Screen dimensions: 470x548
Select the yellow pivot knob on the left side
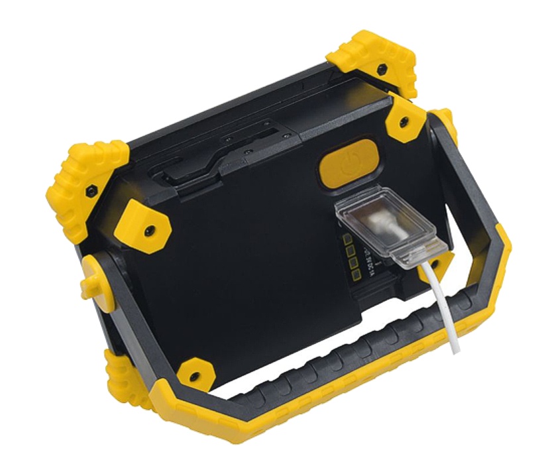pyautogui.click(x=92, y=276)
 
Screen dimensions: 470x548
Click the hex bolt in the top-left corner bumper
pyautogui.click(x=92, y=191)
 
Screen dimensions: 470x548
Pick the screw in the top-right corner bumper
pyautogui.click(x=382, y=69)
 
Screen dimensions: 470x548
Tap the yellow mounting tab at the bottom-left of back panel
pyautogui.click(x=193, y=373)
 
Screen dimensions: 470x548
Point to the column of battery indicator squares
pyautogui.click(x=350, y=255)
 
